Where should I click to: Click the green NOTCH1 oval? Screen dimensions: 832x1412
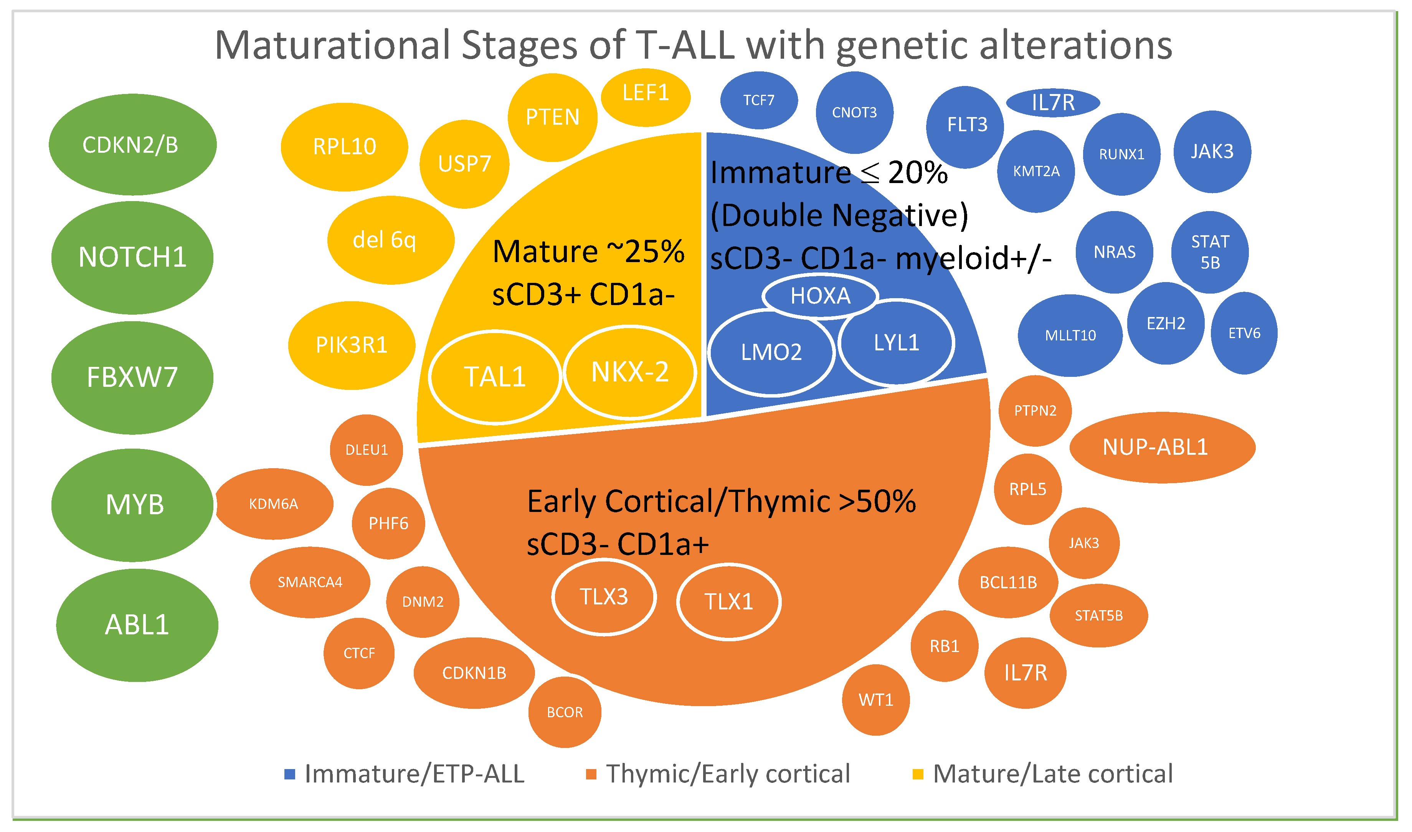point(132,258)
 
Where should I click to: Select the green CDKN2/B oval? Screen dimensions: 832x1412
point(132,145)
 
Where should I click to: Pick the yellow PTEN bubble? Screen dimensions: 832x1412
point(552,117)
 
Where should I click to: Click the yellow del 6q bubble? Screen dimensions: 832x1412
point(390,240)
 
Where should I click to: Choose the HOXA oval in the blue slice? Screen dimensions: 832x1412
point(820,295)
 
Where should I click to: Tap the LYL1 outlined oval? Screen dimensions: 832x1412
point(896,342)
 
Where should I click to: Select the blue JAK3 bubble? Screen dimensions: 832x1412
point(1212,151)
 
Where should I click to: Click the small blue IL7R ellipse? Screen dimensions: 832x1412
point(1053,102)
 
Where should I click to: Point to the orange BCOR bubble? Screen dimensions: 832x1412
point(565,712)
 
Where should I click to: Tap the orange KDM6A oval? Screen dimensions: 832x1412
point(274,503)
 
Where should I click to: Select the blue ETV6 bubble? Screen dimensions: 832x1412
point(1244,333)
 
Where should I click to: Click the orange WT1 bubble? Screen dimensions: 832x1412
point(875,700)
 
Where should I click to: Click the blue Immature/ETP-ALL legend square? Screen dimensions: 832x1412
point(290,774)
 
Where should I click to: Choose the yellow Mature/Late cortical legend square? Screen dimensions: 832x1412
point(918,774)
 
